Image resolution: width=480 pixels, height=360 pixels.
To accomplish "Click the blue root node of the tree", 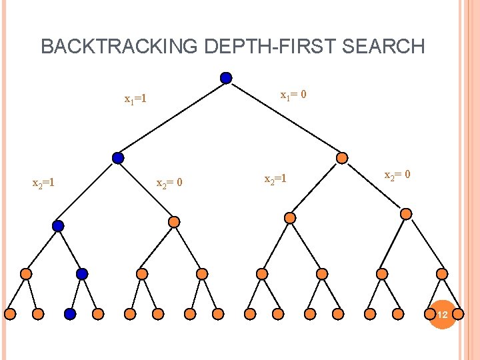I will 226,78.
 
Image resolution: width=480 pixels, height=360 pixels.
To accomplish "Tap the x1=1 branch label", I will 135,100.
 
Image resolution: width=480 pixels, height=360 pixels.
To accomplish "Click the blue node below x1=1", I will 118,158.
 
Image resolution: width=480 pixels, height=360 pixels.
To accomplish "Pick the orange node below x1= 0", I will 341,158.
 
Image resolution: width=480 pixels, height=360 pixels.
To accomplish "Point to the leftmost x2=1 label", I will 44,181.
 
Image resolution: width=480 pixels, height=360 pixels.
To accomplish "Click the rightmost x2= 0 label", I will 397,175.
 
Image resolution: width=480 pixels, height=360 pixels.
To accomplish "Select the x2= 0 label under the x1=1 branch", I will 169,183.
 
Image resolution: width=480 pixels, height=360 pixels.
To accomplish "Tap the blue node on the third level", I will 58,226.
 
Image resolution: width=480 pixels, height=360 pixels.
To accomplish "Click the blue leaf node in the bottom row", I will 70,313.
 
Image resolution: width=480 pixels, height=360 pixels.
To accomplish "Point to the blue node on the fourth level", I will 82,273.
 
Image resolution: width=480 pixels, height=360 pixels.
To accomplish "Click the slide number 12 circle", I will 442,313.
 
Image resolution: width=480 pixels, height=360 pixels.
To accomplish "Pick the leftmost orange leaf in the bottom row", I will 11,313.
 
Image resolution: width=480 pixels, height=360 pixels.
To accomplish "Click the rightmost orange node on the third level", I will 406,214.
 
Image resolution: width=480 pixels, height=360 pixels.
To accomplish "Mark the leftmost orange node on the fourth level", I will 26,273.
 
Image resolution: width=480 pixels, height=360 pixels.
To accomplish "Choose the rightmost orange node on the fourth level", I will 442,273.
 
